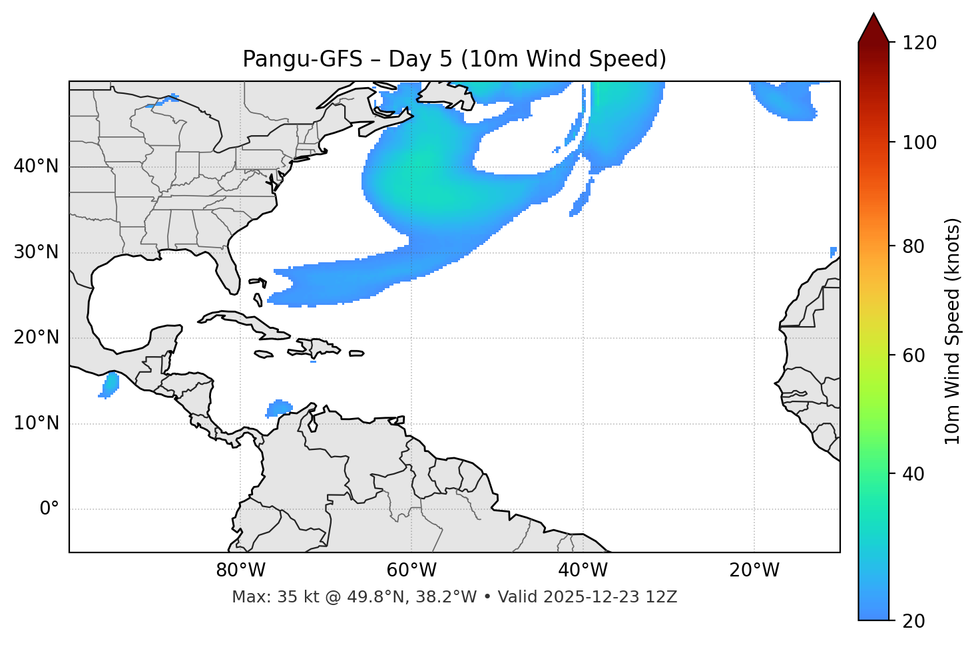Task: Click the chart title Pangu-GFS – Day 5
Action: tap(454, 59)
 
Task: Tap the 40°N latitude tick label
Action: tap(36, 166)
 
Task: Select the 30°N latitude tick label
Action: tap(36, 252)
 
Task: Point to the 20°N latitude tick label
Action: tap(36, 337)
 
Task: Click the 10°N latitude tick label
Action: tap(36, 423)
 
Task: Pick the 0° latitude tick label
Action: tap(49, 509)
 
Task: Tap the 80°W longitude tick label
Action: tap(240, 570)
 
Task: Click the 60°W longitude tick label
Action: tap(411, 570)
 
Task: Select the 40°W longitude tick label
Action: tap(583, 570)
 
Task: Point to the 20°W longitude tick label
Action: tap(754, 570)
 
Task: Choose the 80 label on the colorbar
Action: tap(916, 246)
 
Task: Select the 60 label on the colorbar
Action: tap(916, 355)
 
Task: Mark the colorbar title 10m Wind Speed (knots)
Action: tap(953, 331)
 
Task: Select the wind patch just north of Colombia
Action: tap(279, 407)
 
